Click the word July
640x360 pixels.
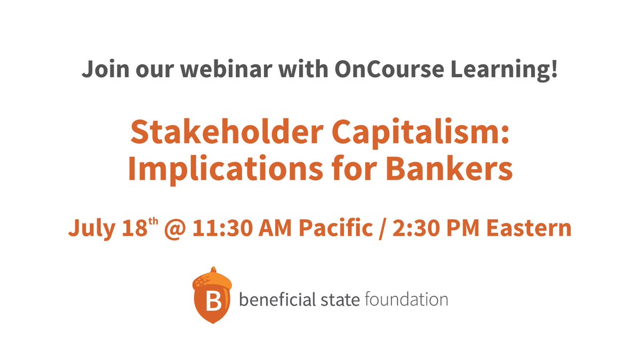[89, 228]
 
